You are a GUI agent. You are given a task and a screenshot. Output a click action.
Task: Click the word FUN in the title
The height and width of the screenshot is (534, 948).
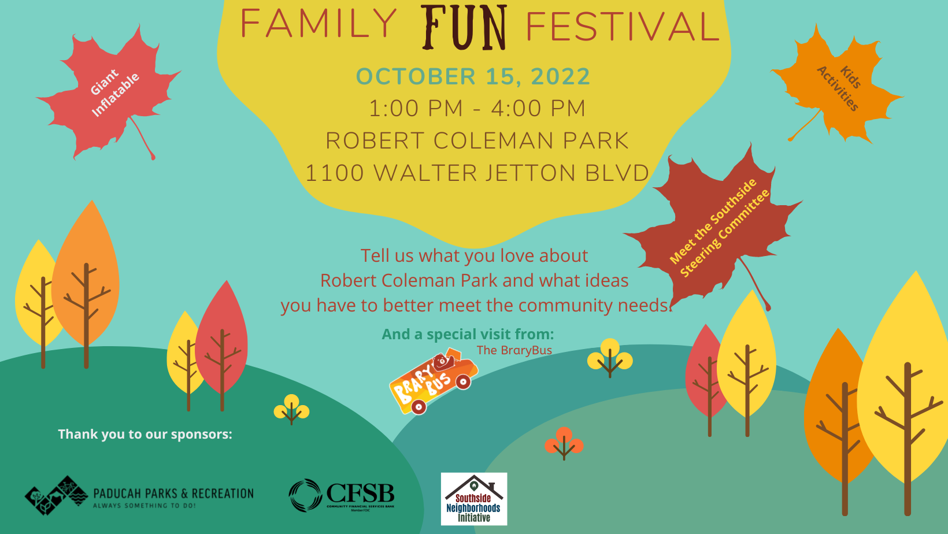[465, 27]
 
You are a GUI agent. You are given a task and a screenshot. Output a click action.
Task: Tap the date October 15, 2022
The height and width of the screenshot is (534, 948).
[473, 77]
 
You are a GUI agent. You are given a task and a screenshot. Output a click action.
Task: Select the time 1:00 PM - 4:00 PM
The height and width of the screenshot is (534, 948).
[477, 109]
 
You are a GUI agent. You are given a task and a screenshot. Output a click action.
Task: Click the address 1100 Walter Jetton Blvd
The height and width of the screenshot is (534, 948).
[477, 173]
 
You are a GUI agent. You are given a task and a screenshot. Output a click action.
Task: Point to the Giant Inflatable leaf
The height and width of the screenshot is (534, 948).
[110, 92]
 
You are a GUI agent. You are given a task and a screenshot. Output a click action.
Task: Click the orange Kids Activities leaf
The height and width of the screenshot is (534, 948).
[838, 87]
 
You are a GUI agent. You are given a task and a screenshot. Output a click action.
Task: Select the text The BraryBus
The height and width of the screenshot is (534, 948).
[514, 350]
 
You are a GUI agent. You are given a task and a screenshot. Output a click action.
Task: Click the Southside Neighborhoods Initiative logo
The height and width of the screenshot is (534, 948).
[474, 499]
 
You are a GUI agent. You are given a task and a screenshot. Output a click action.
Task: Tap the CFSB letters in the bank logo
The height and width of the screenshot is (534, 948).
[360, 494]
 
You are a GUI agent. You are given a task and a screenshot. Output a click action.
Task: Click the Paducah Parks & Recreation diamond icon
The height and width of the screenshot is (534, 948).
[55, 495]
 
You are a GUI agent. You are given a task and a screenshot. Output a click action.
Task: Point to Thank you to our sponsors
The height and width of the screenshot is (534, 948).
[145, 434]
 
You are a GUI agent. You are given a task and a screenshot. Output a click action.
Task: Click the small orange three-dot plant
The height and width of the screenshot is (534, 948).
[564, 442]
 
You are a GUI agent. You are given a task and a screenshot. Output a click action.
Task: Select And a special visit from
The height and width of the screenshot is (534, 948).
[468, 334]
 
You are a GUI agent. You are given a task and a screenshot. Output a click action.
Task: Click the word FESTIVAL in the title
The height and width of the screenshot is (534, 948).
[622, 27]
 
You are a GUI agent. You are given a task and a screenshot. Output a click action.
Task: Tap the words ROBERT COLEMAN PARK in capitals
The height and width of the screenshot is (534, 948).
[477, 141]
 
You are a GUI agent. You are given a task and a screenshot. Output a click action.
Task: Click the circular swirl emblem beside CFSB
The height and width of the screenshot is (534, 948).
[305, 495]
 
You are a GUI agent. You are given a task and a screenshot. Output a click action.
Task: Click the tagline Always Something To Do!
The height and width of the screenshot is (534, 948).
[145, 506]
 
